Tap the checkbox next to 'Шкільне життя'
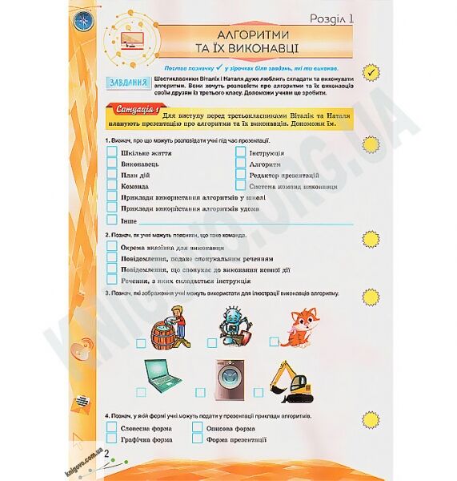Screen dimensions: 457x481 [x=111, y=153]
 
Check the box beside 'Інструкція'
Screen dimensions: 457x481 [x=240, y=153]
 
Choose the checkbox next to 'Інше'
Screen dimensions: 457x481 [x=111, y=220]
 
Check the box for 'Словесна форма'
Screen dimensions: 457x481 [x=111, y=428]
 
